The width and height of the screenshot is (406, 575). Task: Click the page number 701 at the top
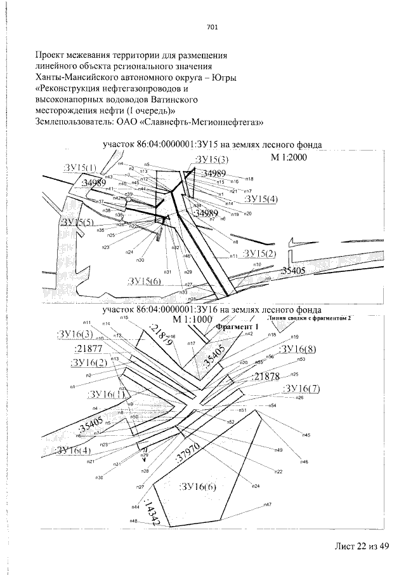212,27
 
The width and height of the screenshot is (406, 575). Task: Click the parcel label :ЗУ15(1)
81,167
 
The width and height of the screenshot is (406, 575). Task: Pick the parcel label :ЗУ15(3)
212,159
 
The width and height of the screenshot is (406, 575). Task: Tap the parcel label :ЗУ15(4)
261,199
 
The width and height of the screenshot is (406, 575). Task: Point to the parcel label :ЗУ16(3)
75,335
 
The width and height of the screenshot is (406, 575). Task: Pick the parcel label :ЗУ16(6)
198,488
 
